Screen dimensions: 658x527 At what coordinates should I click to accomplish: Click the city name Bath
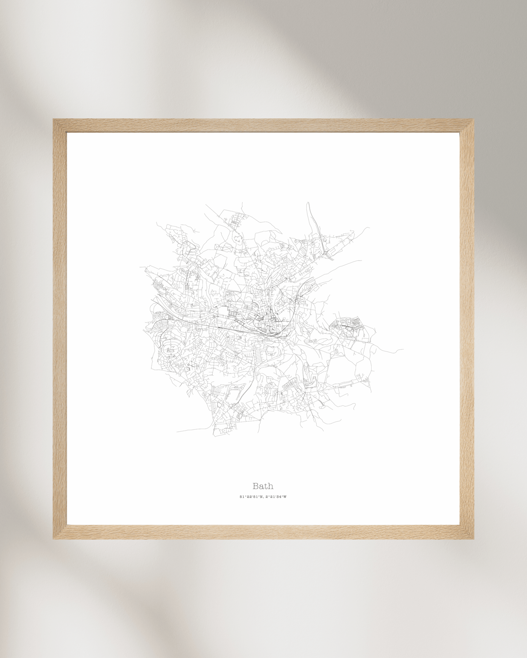click(263, 486)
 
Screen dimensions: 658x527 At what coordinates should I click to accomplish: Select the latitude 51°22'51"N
click(251, 497)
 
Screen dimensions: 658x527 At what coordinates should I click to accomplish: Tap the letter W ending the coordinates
click(285, 497)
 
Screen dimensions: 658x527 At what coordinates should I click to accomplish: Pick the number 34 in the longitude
click(280, 497)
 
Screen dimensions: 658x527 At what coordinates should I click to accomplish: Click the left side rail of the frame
click(60, 328)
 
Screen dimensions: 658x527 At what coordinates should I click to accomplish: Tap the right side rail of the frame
click(467, 328)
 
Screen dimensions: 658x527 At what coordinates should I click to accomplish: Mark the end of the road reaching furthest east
click(403, 350)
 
